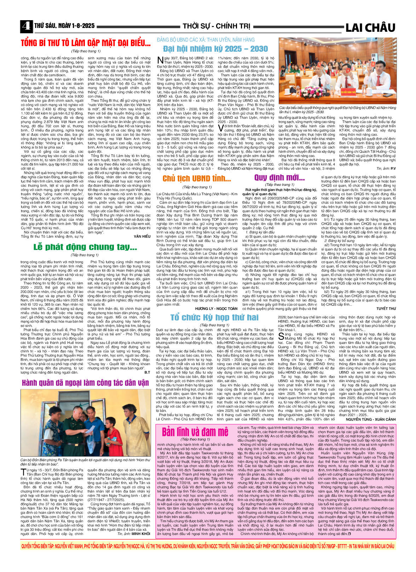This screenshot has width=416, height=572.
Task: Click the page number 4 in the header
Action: (26, 27)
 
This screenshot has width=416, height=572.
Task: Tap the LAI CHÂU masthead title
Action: (370, 27)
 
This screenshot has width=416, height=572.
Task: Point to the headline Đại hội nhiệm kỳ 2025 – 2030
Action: (215, 48)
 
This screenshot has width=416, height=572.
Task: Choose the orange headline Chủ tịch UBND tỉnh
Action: (197, 179)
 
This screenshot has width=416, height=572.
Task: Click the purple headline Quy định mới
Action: (279, 177)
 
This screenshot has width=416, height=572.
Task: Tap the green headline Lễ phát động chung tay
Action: (85, 247)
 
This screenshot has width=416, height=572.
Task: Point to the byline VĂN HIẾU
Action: (142, 236)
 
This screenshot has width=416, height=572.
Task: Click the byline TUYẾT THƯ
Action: (386, 309)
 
